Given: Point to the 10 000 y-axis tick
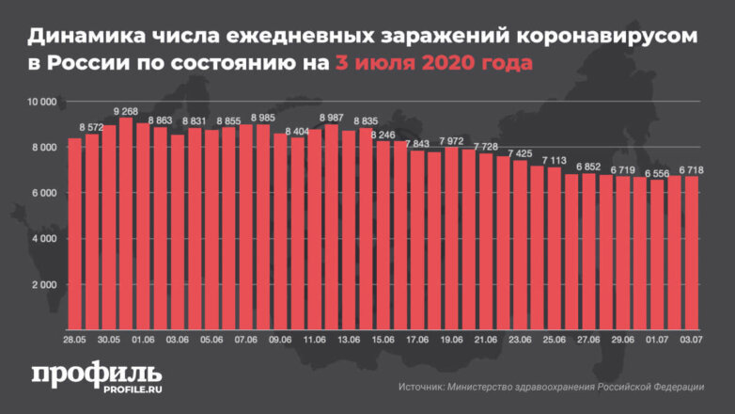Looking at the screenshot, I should [42, 101].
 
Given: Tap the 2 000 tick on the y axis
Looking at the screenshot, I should [44, 284].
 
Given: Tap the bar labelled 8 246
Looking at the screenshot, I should [383, 235].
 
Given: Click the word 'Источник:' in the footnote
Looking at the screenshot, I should [422, 387].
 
